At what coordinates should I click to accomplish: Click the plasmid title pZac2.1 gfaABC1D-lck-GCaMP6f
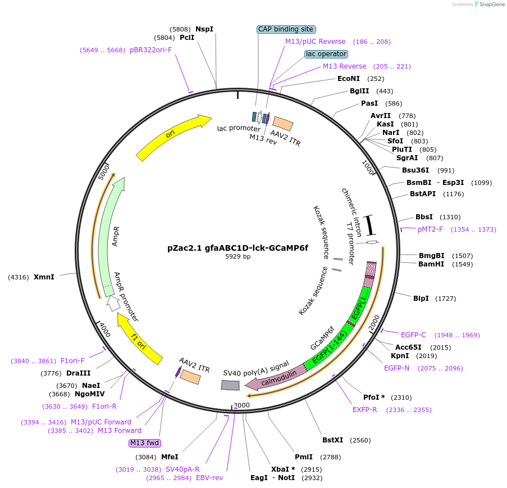click(237, 247)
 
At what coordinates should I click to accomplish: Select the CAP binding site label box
click(286, 29)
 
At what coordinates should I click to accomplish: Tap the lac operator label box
click(326, 54)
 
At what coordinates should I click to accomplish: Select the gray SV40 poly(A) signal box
click(230, 385)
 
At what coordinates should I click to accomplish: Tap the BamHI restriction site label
click(431, 264)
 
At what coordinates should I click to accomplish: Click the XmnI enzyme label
click(44, 277)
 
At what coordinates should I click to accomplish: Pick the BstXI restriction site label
click(332, 440)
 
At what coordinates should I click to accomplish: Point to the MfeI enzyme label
click(170, 457)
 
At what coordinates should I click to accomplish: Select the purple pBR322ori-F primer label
click(150, 50)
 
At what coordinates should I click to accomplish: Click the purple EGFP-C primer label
click(413, 335)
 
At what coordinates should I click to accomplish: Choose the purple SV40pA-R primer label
click(182, 469)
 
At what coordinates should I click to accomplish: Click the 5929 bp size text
click(237, 256)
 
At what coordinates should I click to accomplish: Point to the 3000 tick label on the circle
click(241, 405)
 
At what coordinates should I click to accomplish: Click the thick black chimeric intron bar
click(370, 225)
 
